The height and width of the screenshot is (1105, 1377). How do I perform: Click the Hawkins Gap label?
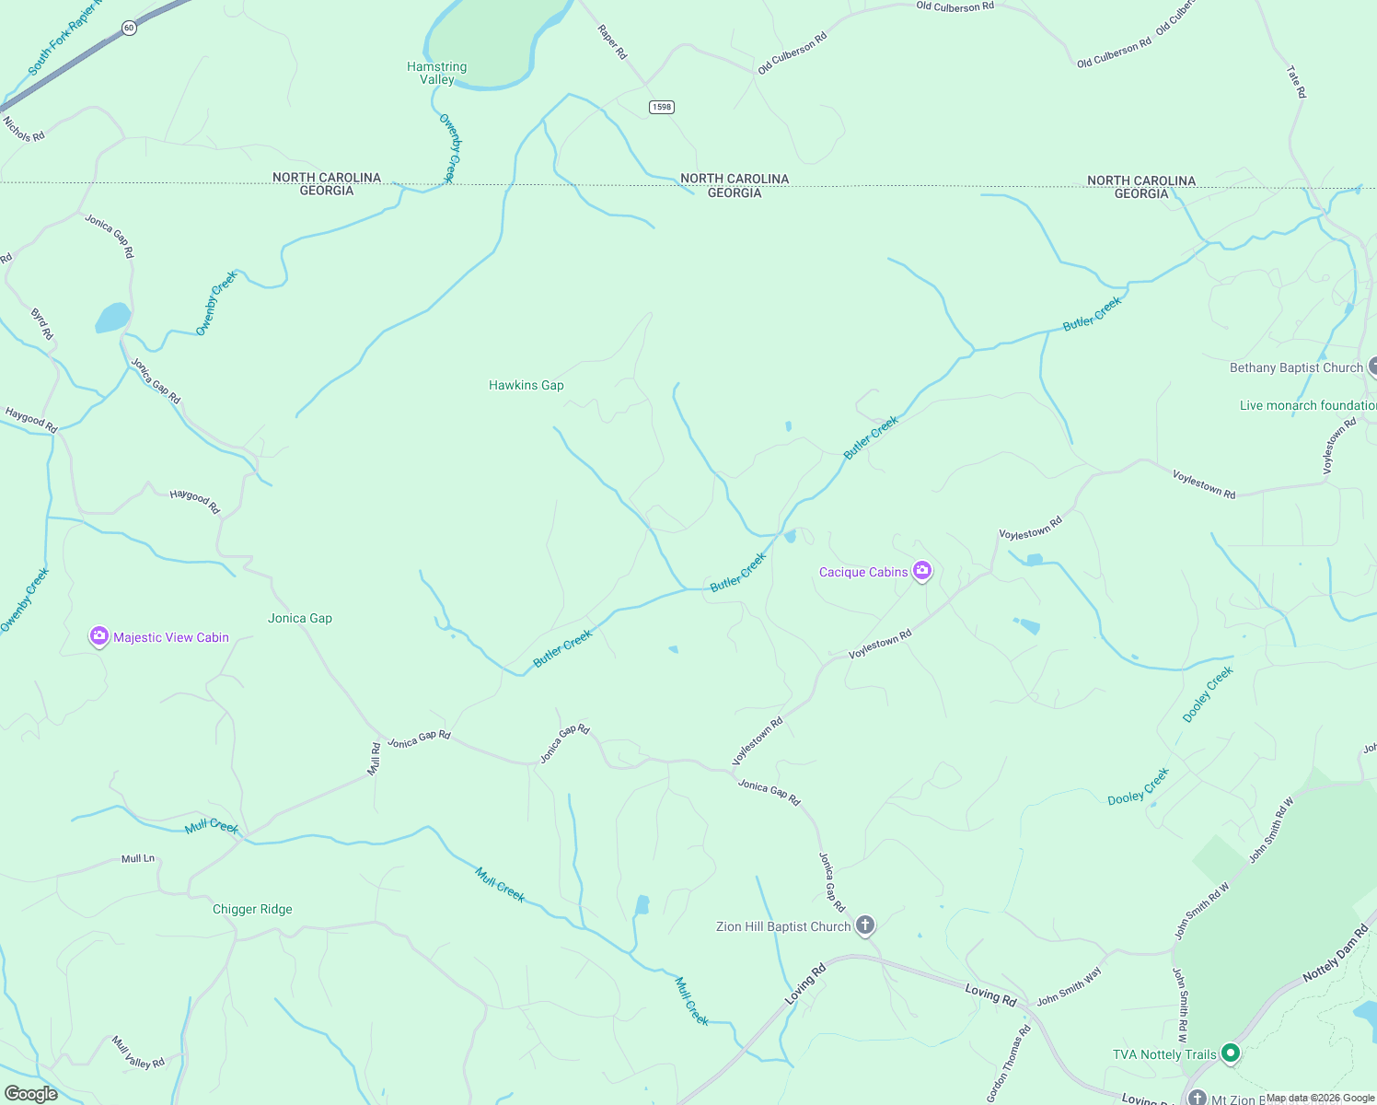526,385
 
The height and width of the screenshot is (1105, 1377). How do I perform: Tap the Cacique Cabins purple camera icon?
922,572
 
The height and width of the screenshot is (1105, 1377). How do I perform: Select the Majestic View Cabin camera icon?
99,636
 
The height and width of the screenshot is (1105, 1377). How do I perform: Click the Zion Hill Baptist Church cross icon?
864,925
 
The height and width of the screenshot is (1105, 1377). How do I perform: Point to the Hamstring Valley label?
437,73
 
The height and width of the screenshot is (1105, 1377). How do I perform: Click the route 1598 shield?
661,107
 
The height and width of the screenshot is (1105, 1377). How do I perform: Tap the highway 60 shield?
129,28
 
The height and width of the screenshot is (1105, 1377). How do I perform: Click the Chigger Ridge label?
252,909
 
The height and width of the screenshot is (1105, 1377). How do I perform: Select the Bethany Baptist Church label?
1296,367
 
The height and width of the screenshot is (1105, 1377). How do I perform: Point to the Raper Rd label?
612,42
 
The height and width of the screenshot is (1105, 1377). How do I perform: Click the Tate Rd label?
1296,82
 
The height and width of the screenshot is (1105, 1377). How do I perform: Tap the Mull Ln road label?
138,858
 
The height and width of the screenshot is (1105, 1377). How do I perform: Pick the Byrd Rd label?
42,324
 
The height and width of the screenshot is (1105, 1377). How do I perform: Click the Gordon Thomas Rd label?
1009,1064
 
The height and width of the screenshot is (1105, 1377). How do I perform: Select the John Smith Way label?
1069,988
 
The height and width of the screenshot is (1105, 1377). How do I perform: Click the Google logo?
31,1094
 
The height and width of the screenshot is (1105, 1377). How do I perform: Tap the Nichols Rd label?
24,129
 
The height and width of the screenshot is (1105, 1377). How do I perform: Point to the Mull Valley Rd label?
138,1052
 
